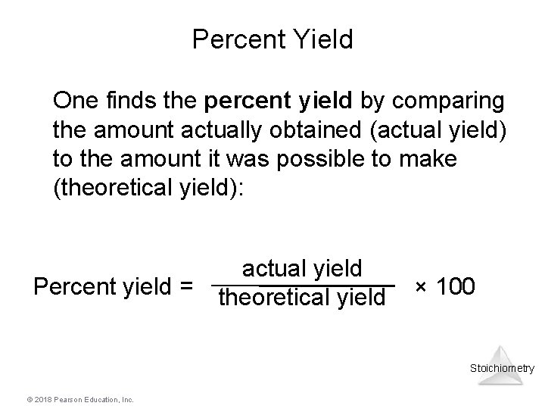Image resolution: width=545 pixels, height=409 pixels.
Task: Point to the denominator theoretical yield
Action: pyautogui.click(x=302, y=299)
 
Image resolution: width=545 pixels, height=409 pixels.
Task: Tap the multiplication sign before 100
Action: pyautogui.click(x=421, y=287)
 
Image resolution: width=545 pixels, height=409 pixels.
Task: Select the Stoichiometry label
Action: pyautogui.click(x=502, y=369)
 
